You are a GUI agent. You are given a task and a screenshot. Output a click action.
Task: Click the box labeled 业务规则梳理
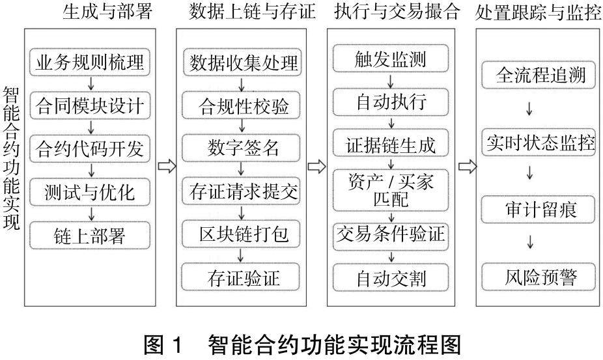click(91, 62)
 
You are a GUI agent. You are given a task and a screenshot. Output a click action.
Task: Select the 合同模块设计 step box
click(91, 104)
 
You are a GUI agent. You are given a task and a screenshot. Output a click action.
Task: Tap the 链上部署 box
click(91, 234)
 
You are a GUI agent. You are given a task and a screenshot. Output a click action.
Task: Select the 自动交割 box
click(391, 277)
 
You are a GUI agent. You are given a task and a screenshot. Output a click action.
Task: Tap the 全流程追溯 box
click(540, 76)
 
